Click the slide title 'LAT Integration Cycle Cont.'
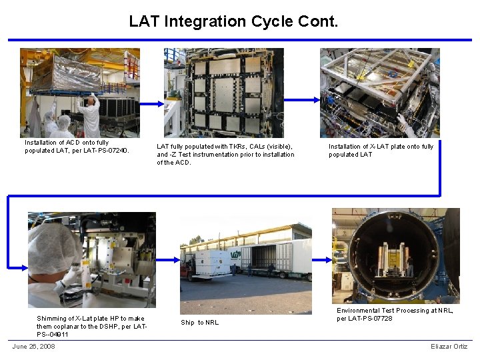pos(233,21)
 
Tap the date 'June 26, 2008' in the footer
pos(33,346)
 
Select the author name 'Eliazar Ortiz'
pos(449,346)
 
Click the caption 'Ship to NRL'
pos(199,323)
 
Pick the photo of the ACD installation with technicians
pos(79,93)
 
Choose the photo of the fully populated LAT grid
pos(224,93)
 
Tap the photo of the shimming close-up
pos(91,259)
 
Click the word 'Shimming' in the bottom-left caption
pos(52,319)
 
